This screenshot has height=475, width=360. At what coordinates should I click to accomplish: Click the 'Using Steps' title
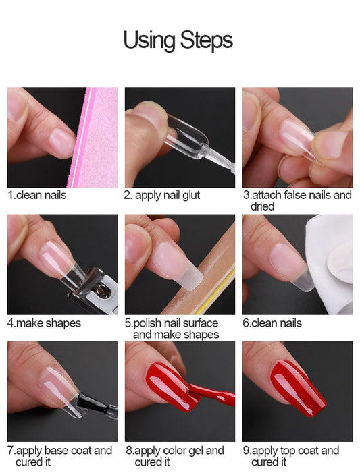(178, 40)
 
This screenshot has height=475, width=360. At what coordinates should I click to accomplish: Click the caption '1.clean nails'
(37, 196)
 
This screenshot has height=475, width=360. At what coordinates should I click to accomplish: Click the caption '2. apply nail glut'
(162, 196)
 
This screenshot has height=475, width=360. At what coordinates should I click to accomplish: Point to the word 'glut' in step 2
(190, 196)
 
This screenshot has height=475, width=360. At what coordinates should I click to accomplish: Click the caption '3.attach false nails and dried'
(297, 200)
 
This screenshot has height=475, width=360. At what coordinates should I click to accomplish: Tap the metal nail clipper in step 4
(88, 290)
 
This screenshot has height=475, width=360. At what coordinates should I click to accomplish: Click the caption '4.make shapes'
(44, 323)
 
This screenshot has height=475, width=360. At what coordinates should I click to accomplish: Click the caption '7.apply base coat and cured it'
(59, 456)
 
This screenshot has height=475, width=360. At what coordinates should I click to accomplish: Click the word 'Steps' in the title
(207, 40)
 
